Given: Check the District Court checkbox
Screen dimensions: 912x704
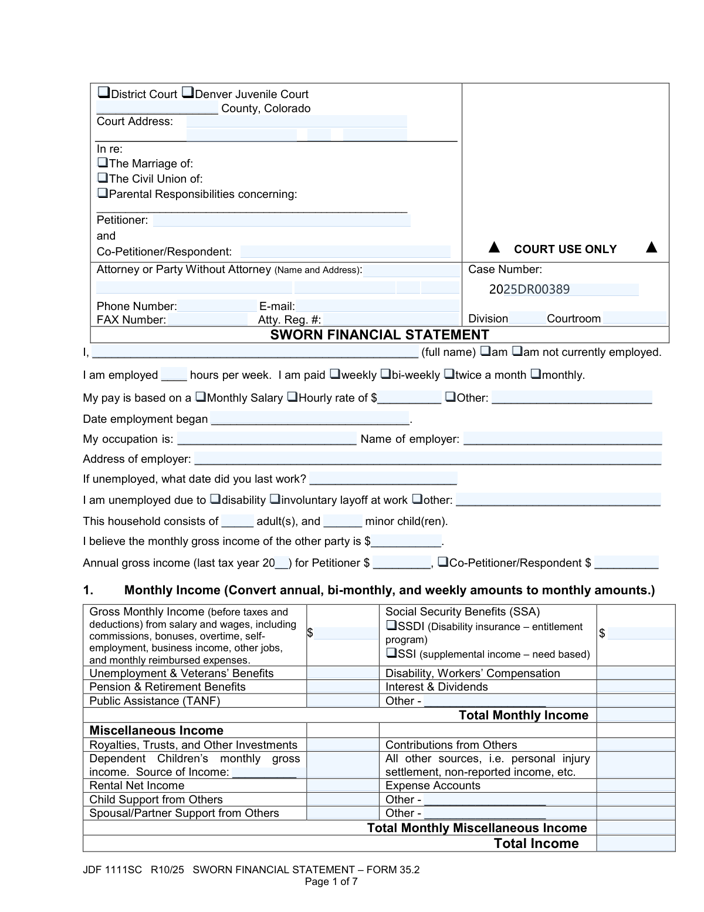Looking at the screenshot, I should tap(103, 93).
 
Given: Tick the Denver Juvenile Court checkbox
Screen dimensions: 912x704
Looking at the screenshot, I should tap(187, 93).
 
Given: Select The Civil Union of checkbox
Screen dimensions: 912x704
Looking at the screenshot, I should tap(102, 177).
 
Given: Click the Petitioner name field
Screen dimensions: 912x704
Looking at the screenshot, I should tap(282, 221).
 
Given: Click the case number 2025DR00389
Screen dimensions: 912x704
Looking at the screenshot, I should tap(529, 290).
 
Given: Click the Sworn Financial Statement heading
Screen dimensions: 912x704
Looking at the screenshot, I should tap(380, 335).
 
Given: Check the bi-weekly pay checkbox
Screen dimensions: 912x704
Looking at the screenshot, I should tap(385, 373).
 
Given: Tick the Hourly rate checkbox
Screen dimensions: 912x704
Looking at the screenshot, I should tap(292, 397).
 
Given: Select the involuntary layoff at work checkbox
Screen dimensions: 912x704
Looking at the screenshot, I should tap(275, 499).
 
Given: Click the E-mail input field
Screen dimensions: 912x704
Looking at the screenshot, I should tap(377, 306).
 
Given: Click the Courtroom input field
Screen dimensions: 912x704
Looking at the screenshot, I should tap(634, 318).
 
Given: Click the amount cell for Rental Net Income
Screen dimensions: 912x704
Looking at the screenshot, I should tap(343, 786).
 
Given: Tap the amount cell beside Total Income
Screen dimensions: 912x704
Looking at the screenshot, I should tap(635, 844).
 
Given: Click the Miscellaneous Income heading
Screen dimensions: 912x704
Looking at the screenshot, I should tap(157, 731).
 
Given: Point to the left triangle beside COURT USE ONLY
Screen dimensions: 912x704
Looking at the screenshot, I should tap(495, 247).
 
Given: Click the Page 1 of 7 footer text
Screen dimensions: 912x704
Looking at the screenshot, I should tap(331, 881).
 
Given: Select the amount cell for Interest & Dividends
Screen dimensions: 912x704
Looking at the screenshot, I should tap(635, 687).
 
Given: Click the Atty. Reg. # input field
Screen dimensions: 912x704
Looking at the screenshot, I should tap(391, 319).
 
